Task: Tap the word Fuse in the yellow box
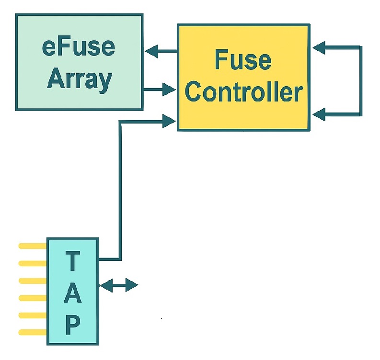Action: click(242, 60)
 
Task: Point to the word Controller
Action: click(243, 91)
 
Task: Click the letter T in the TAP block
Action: click(72, 261)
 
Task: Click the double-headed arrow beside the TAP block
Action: click(118, 286)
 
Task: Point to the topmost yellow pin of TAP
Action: click(32, 246)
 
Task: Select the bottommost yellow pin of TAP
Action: click(32, 332)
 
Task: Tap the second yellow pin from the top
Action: click(32, 263)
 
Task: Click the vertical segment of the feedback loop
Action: click(360, 80)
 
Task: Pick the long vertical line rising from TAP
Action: click(120, 191)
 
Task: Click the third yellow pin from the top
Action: click(32, 281)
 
